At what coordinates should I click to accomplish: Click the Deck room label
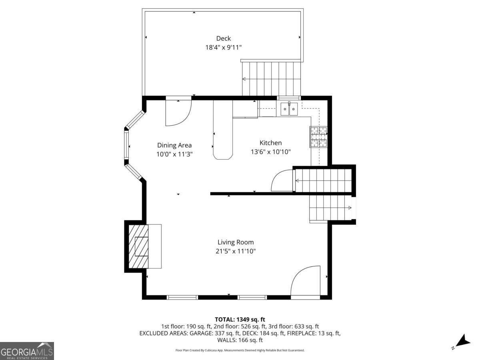tap(224, 38)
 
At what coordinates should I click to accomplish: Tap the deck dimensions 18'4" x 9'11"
tap(224, 47)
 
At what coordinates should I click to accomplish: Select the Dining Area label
tap(174, 145)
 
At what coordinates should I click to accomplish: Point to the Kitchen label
tap(270, 143)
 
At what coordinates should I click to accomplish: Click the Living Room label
tap(236, 242)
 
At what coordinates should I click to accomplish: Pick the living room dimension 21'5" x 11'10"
tap(236, 251)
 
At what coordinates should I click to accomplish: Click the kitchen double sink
tap(289, 108)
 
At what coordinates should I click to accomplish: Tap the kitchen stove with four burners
tap(318, 137)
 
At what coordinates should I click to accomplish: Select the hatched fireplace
tap(138, 246)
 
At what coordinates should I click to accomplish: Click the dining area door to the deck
tap(178, 112)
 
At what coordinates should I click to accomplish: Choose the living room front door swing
tap(306, 282)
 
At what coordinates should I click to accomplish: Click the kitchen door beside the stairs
tap(283, 181)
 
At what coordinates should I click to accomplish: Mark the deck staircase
tap(271, 79)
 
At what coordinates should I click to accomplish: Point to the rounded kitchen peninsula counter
tap(223, 130)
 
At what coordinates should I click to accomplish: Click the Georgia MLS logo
tap(27, 351)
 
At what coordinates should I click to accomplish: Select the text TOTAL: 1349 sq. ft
tap(240, 319)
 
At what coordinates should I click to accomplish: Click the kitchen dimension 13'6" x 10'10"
tap(270, 152)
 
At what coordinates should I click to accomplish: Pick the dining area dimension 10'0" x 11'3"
tap(174, 154)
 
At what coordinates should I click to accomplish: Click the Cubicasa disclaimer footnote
tap(240, 350)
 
